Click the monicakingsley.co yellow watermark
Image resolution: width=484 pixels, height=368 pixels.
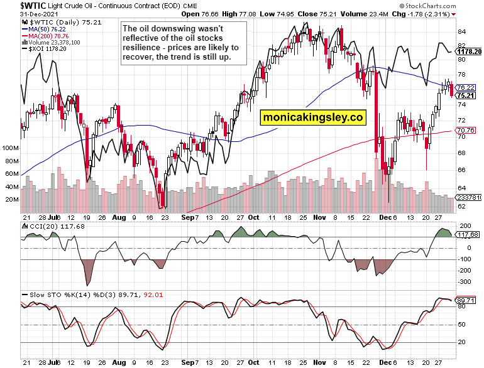[313, 117]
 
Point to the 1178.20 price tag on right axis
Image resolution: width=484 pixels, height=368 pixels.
[470, 51]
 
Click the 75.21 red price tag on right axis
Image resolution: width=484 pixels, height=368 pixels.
[465, 95]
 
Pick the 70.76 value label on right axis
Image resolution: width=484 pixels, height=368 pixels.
[465, 131]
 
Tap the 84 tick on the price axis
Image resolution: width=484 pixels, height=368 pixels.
[461, 31]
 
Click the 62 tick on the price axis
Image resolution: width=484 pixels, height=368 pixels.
[461, 206]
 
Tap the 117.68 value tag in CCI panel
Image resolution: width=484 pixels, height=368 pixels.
[467, 235]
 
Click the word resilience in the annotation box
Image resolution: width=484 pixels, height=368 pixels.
[143, 48]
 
